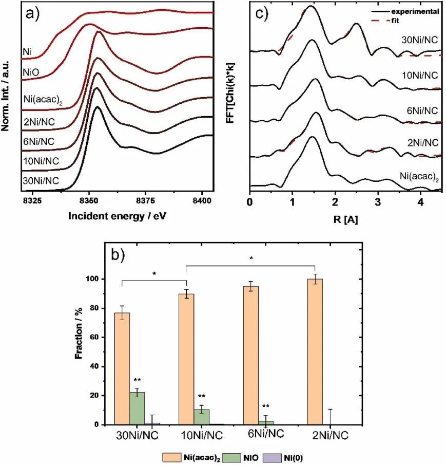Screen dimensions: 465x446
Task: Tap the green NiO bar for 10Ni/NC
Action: (x=202, y=417)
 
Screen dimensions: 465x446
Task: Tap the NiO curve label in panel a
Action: (x=30, y=73)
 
